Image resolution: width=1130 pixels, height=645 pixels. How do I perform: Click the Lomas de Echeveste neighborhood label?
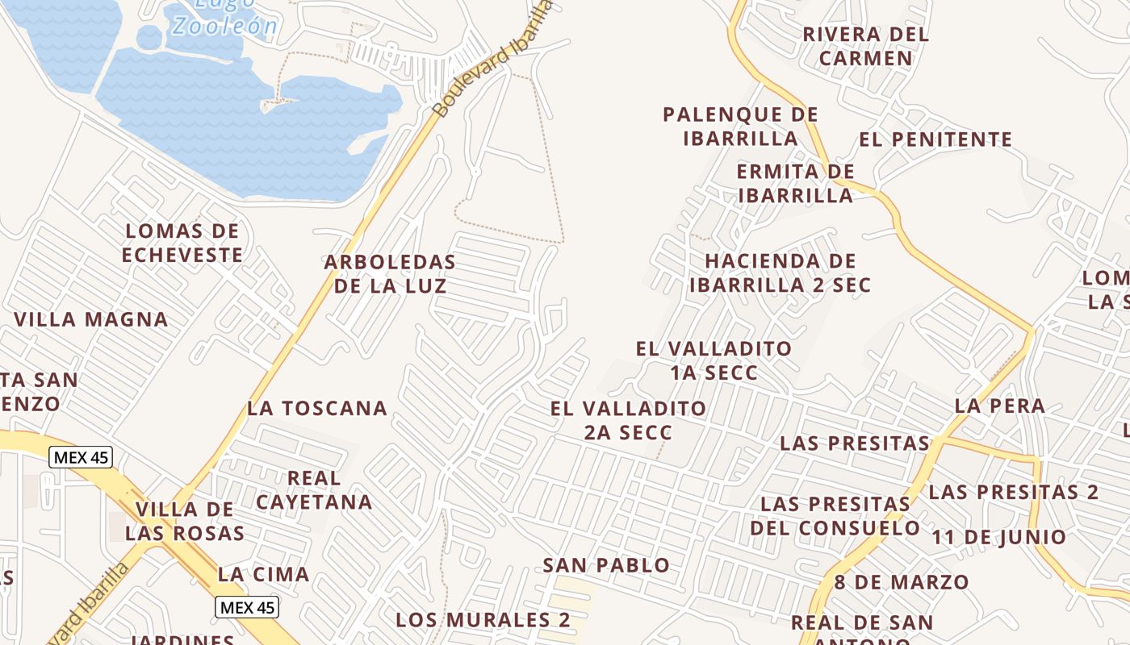pos(182,243)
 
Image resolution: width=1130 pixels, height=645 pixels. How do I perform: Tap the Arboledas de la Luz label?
pos(390,274)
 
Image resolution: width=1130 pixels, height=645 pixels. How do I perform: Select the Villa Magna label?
pos(91,319)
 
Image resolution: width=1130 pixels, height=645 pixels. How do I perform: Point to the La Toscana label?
pos(317,408)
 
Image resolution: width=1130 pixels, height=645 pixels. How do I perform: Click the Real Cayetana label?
pos(314,490)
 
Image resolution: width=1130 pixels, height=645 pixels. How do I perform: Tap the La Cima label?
pos(263,575)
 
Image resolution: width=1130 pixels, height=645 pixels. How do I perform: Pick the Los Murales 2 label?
pos(483,620)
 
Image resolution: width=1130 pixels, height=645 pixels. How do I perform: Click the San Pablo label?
pos(606,565)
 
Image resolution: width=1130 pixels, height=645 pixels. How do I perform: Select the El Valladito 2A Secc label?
pos(628,420)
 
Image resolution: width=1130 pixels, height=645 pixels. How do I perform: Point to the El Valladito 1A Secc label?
pos(714,360)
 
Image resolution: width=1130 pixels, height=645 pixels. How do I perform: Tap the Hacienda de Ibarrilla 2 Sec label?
pos(780,273)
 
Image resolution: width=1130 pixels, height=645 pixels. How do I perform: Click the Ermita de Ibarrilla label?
pos(795,183)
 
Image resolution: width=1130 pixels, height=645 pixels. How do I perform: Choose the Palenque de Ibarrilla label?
pos(740,127)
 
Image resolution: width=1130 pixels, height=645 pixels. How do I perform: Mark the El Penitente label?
pos(935,139)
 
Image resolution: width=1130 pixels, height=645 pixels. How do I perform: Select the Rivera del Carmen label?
pos(865,47)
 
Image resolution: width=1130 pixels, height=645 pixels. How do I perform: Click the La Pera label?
pos(999,406)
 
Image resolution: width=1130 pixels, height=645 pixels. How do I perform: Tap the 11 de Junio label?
pos(999,537)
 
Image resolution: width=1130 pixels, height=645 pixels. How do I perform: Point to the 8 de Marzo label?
pos(901,582)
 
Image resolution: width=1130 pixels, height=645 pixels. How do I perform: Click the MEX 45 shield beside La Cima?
pos(247,607)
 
